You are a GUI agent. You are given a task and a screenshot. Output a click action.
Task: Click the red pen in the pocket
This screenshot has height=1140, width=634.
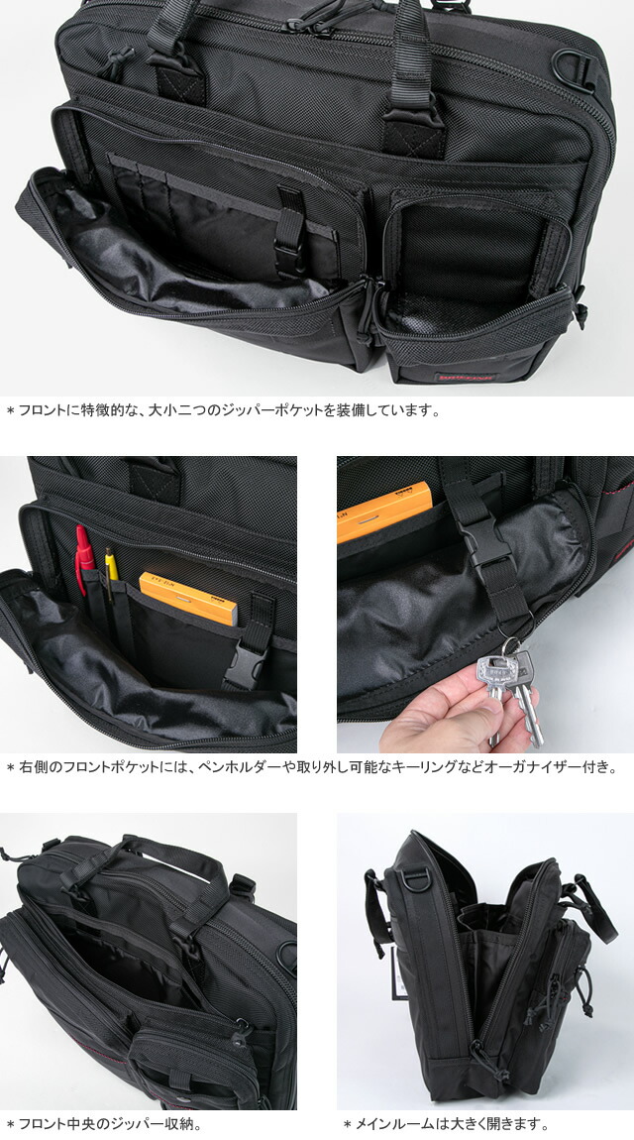(x=84, y=556)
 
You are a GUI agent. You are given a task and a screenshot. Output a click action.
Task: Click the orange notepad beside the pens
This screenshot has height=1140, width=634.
(x=188, y=598)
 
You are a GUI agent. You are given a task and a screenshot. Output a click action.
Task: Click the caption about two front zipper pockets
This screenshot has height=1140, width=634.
(x=224, y=409)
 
